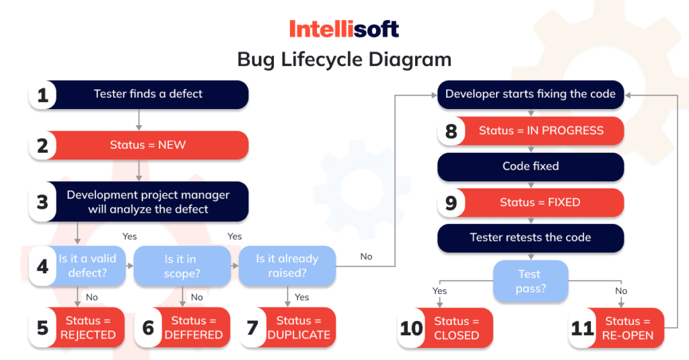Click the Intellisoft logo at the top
344,28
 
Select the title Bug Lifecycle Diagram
344,59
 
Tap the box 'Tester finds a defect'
148,94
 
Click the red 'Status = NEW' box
148,145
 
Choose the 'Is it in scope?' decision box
182,266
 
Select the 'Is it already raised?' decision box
287,266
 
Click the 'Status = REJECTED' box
88,328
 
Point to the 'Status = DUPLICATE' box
298,328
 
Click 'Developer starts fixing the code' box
530,94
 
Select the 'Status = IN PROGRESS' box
541,131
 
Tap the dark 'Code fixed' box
530,166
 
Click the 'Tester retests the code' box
530,238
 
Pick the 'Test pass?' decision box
530,281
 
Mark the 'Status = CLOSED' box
456,328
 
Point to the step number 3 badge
42,202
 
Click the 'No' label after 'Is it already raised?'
366,256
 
